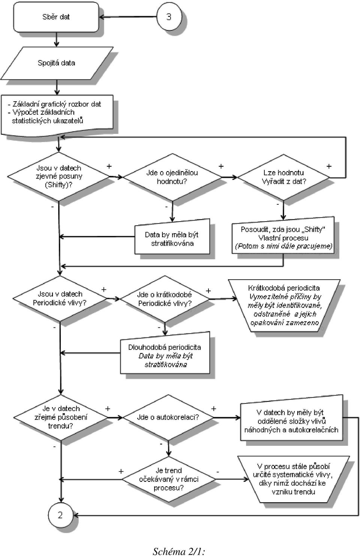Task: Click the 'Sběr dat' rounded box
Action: point(56,17)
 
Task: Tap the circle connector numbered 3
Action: point(169,16)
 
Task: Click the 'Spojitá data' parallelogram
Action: point(57,63)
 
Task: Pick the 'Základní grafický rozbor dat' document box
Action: point(57,115)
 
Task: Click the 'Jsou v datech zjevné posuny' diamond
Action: point(58,177)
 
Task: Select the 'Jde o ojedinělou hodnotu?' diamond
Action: point(172,177)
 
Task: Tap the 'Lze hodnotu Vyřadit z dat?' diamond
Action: point(283,177)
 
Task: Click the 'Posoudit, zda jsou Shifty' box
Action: point(283,235)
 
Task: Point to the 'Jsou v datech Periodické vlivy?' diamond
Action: point(60,298)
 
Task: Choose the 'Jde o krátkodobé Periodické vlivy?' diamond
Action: point(165,299)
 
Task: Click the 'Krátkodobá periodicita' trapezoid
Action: point(284,306)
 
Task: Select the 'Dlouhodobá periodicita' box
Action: point(165,353)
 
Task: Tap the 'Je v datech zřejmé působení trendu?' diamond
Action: point(61,418)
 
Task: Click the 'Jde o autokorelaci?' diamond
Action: point(168,418)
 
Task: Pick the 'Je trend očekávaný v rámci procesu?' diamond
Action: point(169,479)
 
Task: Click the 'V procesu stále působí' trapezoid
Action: point(294,479)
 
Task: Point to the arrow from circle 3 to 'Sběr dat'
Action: point(128,17)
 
